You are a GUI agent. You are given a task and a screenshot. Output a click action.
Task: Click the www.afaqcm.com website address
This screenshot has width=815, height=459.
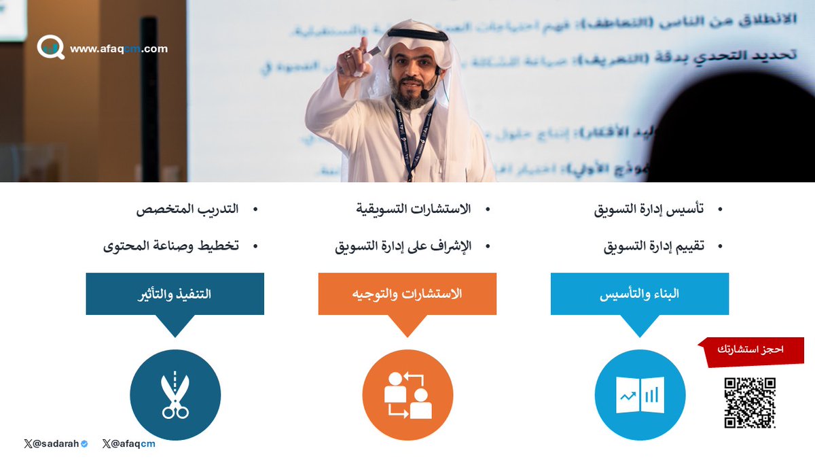tap(118, 49)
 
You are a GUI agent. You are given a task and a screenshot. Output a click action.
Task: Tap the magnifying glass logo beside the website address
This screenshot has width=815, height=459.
tap(50, 47)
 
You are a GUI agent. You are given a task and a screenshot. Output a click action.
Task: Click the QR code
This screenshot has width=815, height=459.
tap(749, 403)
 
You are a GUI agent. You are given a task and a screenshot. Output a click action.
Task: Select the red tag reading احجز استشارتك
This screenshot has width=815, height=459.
tap(752, 350)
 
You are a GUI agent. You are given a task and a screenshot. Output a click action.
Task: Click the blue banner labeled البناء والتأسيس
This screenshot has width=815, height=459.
tap(639, 294)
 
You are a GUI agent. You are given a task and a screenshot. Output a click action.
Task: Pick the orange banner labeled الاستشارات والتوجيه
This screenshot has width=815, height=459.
tap(407, 294)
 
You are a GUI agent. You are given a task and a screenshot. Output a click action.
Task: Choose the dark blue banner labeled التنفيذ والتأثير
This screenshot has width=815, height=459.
tap(175, 294)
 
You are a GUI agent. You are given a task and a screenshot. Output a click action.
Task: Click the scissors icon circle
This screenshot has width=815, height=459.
tap(175, 395)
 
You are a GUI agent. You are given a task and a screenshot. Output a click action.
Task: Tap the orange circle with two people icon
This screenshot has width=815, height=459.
tap(407, 395)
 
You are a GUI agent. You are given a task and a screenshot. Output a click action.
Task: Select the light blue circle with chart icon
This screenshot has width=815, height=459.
tap(639, 395)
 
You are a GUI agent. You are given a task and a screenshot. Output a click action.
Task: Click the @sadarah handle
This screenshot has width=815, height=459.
tap(55, 444)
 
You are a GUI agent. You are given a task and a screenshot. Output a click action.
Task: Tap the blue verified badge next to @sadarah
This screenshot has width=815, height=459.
tap(84, 444)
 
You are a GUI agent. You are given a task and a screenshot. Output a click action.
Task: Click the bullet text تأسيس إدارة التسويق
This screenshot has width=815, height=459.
tap(649, 209)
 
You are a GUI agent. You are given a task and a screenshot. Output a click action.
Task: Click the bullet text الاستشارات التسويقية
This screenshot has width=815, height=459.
tap(414, 209)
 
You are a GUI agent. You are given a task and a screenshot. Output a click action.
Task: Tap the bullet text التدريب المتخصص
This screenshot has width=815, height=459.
tap(187, 209)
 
